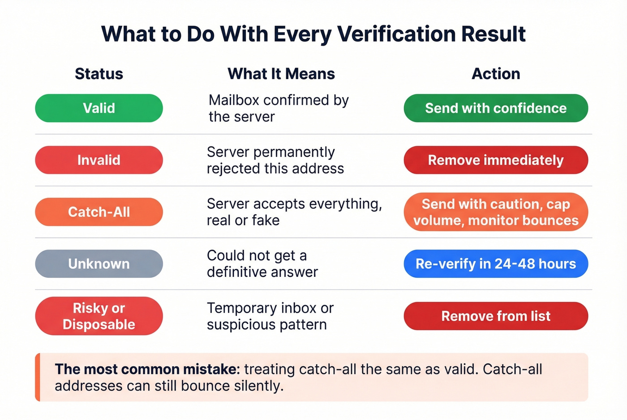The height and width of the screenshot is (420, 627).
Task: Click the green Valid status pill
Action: click(x=99, y=108)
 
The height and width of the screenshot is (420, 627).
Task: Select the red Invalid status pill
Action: click(x=99, y=160)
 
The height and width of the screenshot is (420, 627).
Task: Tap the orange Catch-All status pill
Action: click(x=99, y=212)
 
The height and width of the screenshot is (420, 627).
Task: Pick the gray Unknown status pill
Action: click(x=99, y=264)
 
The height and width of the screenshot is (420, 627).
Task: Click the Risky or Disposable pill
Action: click(x=99, y=316)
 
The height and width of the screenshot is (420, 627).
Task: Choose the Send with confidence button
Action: click(x=496, y=108)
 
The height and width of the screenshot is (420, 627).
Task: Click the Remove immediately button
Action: click(x=496, y=160)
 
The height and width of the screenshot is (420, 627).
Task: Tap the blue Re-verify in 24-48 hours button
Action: click(x=496, y=264)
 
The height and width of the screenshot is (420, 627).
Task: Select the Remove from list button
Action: click(x=496, y=316)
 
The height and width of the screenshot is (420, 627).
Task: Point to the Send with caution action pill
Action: click(x=496, y=212)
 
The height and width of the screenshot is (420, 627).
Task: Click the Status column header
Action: click(x=99, y=74)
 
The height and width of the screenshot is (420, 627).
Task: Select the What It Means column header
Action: click(x=281, y=74)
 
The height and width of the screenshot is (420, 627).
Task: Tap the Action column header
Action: click(x=496, y=74)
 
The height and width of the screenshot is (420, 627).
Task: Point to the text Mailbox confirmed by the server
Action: click(x=278, y=108)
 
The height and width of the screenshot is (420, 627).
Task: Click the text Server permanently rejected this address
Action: click(x=275, y=160)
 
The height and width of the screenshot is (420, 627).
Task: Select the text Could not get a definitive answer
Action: click(x=262, y=264)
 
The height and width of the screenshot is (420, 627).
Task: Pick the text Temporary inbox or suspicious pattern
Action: click(x=270, y=316)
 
